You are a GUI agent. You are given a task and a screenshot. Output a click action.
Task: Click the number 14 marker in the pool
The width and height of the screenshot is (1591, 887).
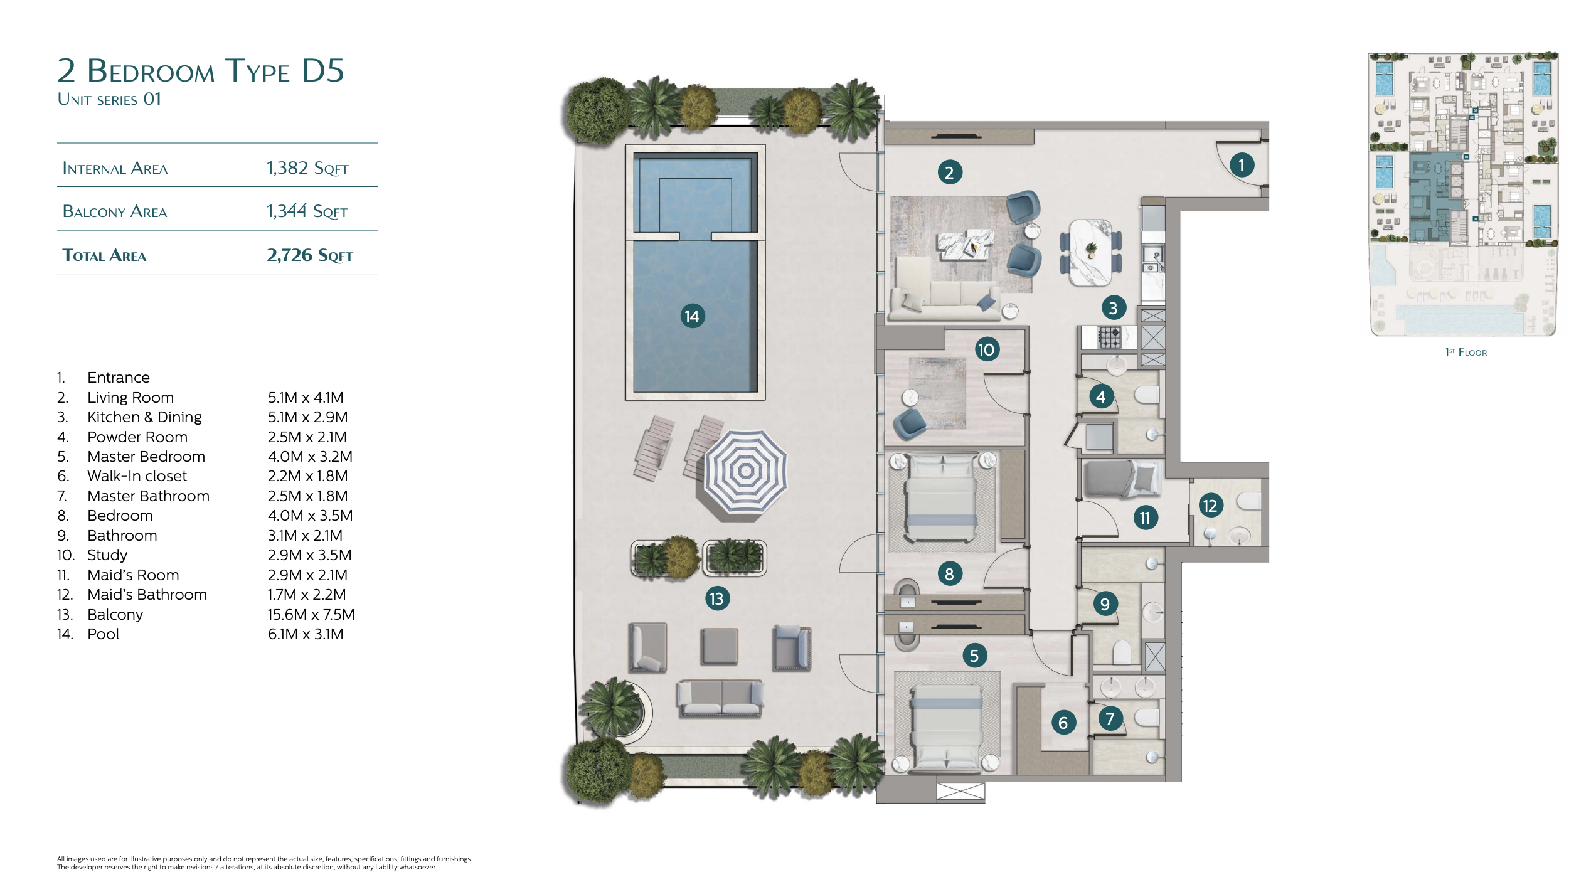(x=692, y=316)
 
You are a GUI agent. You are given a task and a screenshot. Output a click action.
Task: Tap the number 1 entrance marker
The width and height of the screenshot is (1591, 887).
(x=1241, y=165)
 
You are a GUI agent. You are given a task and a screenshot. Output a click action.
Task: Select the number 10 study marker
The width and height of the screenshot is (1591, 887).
(x=986, y=349)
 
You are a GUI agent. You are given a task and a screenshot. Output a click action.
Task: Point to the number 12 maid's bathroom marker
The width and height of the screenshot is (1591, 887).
(x=1210, y=506)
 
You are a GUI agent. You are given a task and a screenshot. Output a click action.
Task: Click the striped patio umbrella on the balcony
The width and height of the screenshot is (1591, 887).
(x=745, y=471)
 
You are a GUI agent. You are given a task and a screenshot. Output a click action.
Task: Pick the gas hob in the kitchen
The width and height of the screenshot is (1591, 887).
(x=1109, y=337)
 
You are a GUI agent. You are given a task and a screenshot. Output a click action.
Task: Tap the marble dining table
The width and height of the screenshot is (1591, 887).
(x=1090, y=252)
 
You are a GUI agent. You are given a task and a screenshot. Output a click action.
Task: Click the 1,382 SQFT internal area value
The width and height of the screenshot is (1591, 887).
(x=307, y=168)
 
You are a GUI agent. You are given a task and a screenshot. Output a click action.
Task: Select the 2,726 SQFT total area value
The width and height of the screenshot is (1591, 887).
(x=310, y=255)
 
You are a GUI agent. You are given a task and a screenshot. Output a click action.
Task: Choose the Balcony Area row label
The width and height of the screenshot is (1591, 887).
(x=115, y=211)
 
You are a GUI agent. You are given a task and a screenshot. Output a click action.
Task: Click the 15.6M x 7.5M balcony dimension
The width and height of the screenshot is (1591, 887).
(x=311, y=615)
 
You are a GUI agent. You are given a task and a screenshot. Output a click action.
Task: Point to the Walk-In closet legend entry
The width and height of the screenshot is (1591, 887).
(x=137, y=476)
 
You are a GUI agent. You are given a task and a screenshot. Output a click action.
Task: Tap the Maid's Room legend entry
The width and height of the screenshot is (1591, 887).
(x=133, y=575)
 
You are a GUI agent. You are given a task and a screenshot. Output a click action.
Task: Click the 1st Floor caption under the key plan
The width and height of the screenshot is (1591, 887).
(x=1466, y=352)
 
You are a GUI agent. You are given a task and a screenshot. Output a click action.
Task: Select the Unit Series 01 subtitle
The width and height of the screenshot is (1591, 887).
(x=109, y=99)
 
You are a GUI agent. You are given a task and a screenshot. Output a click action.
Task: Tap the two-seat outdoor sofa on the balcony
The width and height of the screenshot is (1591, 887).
(x=720, y=698)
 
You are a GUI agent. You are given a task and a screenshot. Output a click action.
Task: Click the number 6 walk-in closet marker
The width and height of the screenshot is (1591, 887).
(x=1063, y=723)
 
